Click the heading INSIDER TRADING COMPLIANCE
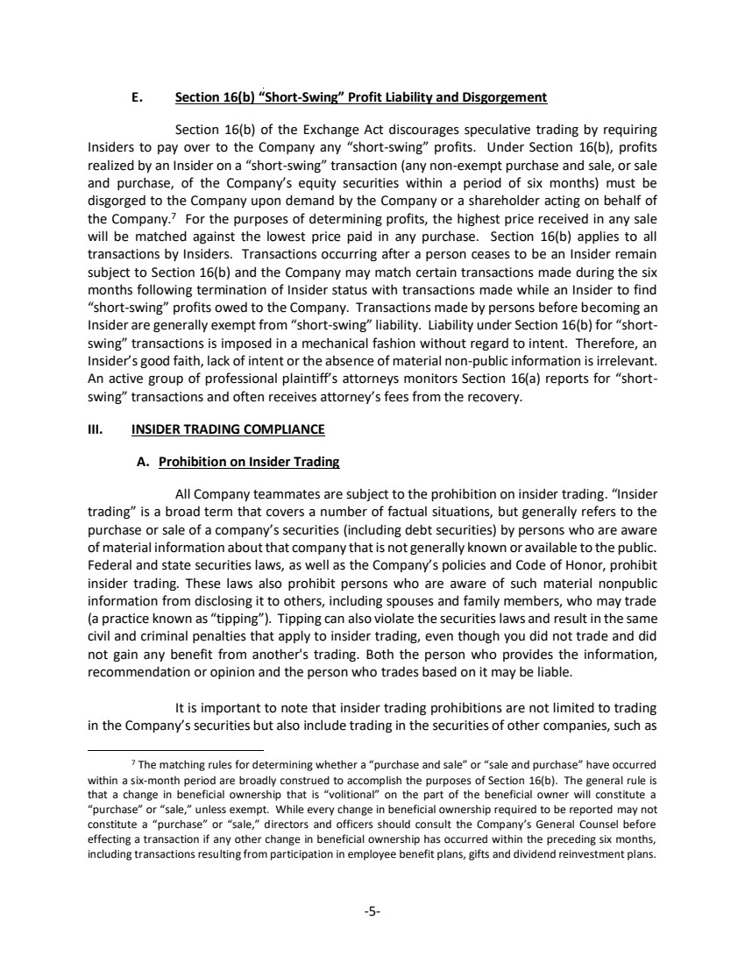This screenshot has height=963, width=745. tap(228, 429)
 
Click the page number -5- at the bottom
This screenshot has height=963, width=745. tap(372, 910)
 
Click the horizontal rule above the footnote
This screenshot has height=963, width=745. tap(176, 750)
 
